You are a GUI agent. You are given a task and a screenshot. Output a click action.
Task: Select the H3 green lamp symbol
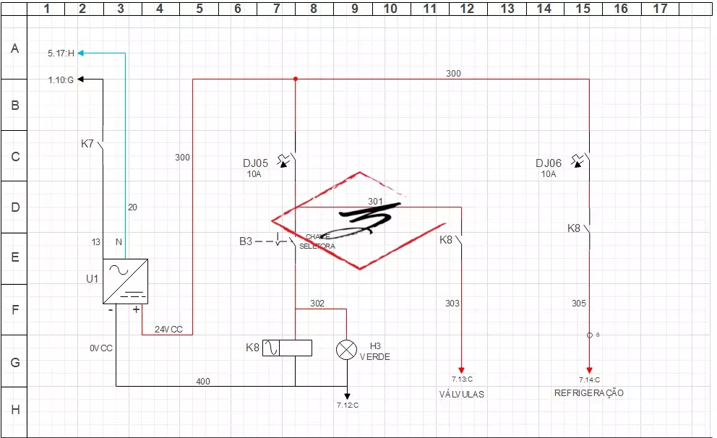coord(347,350)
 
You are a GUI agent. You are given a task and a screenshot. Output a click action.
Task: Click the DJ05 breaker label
coord(255,163)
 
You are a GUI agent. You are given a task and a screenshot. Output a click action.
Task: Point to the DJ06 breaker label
coord(548,163)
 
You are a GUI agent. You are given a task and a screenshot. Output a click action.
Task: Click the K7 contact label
coord(87,144)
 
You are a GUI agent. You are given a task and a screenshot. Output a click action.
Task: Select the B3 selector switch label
coord(246,241)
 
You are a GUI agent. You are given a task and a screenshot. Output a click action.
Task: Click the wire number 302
coord(317,303)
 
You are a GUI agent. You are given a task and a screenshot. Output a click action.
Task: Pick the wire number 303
coord(452,304)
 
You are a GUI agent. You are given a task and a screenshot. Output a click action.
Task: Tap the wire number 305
coord(578,304)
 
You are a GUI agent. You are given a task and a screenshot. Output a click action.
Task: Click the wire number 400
coord(203,381)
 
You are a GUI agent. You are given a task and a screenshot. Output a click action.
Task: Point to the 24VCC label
coord(168,330)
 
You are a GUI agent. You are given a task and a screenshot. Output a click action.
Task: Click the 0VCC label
coord(101,348)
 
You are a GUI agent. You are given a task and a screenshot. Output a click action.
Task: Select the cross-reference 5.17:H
coord(61,53)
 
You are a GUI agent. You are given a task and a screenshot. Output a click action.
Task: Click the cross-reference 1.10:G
coord(61,80)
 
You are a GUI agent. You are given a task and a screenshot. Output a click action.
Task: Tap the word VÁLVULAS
coord(461,395)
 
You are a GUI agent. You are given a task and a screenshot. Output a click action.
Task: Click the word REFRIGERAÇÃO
coord(588,393)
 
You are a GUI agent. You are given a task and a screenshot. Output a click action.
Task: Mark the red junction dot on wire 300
coord(296,79)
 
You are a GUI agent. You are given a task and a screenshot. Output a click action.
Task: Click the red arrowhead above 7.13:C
coord(461,369)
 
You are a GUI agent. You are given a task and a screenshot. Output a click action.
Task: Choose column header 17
coord(659,8)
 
